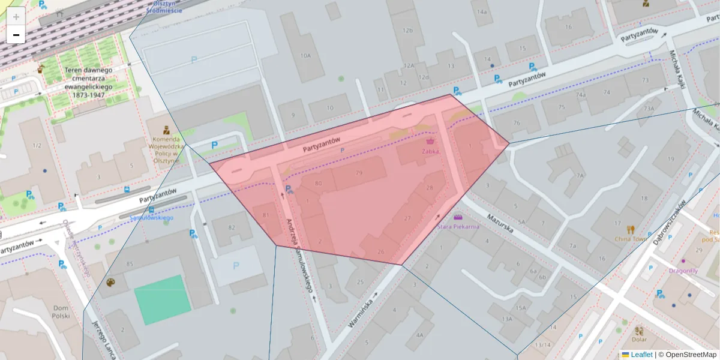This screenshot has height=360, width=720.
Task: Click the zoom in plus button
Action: click(x=16, y=17)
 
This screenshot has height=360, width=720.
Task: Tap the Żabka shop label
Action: click(x=430, y=151)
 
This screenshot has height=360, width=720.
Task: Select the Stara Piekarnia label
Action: click(x=458, y=227)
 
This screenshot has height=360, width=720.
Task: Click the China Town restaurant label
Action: click(x=630, y=238)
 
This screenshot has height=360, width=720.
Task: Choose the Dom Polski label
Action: click(x=61, y=311)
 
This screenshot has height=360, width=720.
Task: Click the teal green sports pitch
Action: click(x=162, y=293)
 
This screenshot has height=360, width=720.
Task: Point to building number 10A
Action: click(x=305, y=55)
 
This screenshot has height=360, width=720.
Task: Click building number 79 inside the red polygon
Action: click(x=359, y=173)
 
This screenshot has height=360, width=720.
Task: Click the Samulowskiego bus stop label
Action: click(x=151, y=218)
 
